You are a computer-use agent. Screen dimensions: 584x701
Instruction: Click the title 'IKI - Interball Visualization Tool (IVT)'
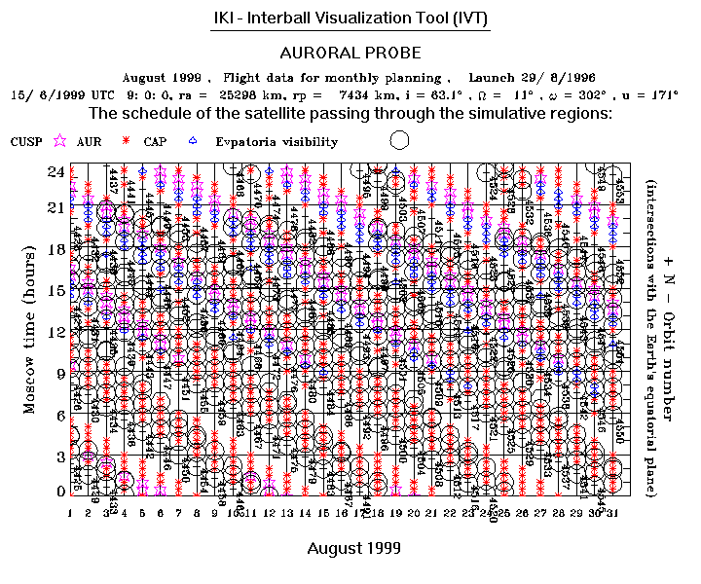pos(350,18)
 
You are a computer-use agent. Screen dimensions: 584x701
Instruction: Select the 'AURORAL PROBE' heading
pos(350,53)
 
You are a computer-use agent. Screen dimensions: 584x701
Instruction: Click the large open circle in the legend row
pos(398,140)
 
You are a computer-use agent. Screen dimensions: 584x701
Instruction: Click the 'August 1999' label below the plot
pos(353,549)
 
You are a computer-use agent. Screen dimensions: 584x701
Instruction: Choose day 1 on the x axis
pos(71,512)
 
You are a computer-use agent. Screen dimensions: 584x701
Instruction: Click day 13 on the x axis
pos(286,512)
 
